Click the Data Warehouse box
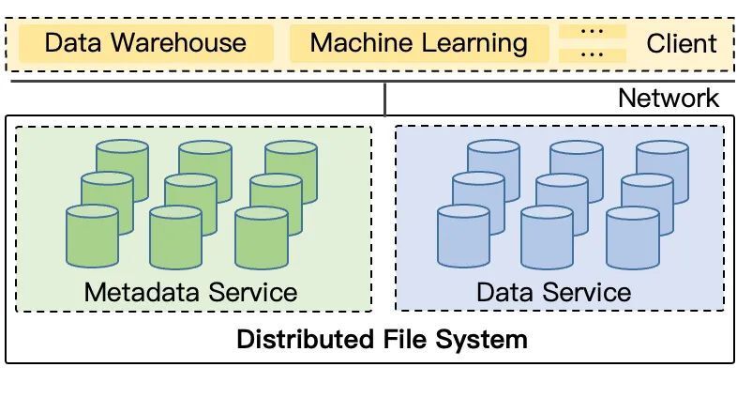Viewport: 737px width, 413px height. (146, 43)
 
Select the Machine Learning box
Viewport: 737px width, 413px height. (418, 43)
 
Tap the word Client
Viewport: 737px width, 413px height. (682, 43)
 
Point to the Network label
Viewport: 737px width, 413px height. (669, 98)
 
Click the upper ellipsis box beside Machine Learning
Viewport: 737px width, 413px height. (592, 31)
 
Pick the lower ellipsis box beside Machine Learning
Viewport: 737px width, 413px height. (592, 54)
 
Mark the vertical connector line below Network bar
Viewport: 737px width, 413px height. (384, 99)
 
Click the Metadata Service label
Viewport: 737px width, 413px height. (190, 292)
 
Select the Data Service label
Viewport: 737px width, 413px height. (553, 292)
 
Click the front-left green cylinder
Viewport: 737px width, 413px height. (92, 237)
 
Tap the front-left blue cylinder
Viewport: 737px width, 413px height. (463, 237)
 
